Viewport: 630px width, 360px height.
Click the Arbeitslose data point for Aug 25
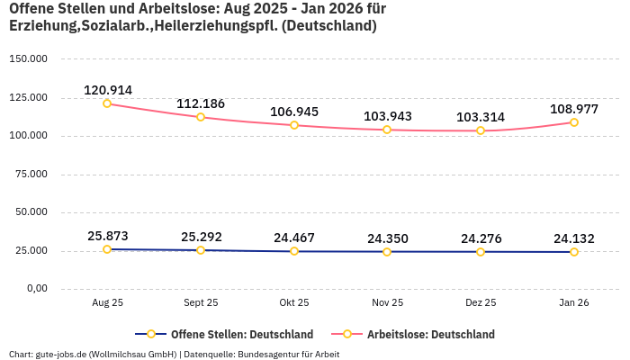(x=107, y=103)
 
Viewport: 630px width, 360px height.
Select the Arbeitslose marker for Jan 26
(x=574, y=122)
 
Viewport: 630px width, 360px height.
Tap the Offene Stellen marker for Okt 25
(x=294, y=251)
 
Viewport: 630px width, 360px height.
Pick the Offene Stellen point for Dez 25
(x=481, y=252)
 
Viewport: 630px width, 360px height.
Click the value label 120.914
(x=108, y=90)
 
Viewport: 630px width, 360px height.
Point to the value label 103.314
(x=481, y=117)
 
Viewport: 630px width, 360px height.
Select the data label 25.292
(x=201, y=237)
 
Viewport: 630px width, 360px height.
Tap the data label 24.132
(x=574, y=238)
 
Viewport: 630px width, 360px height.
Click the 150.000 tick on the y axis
(x=28, y=59)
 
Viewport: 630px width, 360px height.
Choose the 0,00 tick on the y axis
(x=35, y=289)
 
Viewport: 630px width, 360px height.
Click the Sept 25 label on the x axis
(x=201, y=303)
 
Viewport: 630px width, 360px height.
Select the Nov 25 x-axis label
(x=387, y=303)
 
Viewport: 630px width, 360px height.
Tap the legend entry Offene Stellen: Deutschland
(x=241, y=334)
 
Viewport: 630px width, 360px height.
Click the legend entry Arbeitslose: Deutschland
(x=430, y=334)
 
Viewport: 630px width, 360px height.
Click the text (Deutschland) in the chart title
(x=328, y=26)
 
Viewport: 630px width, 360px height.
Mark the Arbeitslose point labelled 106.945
(x=294, y=125)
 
